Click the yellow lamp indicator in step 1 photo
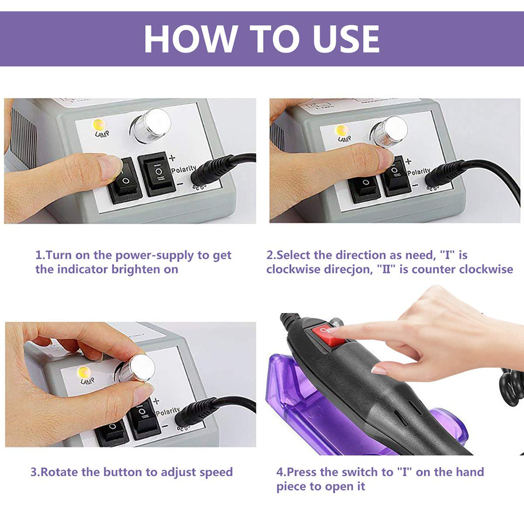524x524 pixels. [x=98, y=126]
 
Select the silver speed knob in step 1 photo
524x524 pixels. [x=152, y=126]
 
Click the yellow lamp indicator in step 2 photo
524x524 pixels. [x=342, y=129]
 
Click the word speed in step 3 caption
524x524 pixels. [x=216, y=472]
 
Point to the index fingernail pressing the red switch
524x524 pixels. [x=333, y=330]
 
